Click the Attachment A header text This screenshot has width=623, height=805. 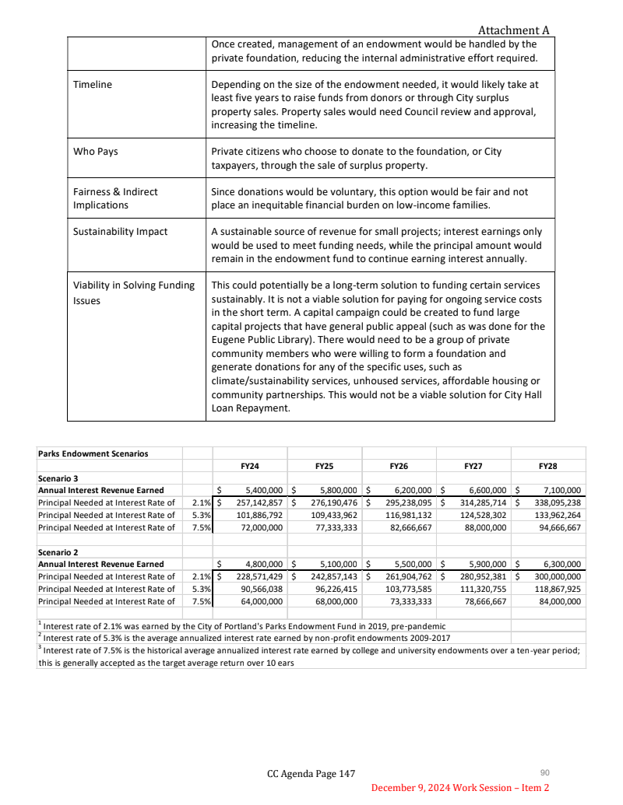click(513, 30)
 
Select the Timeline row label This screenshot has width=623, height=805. click(92, 84)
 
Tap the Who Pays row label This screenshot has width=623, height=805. click(95, 152)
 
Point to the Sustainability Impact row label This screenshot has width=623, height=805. click(120, 232)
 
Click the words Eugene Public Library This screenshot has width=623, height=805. click(258, 338)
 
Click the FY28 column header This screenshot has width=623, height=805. click(548, 466)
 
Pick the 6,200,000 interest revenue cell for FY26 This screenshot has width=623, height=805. click(410, 490)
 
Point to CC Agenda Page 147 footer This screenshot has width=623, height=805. click(311, 773)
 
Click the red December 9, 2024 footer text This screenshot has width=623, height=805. click(459, 788)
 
